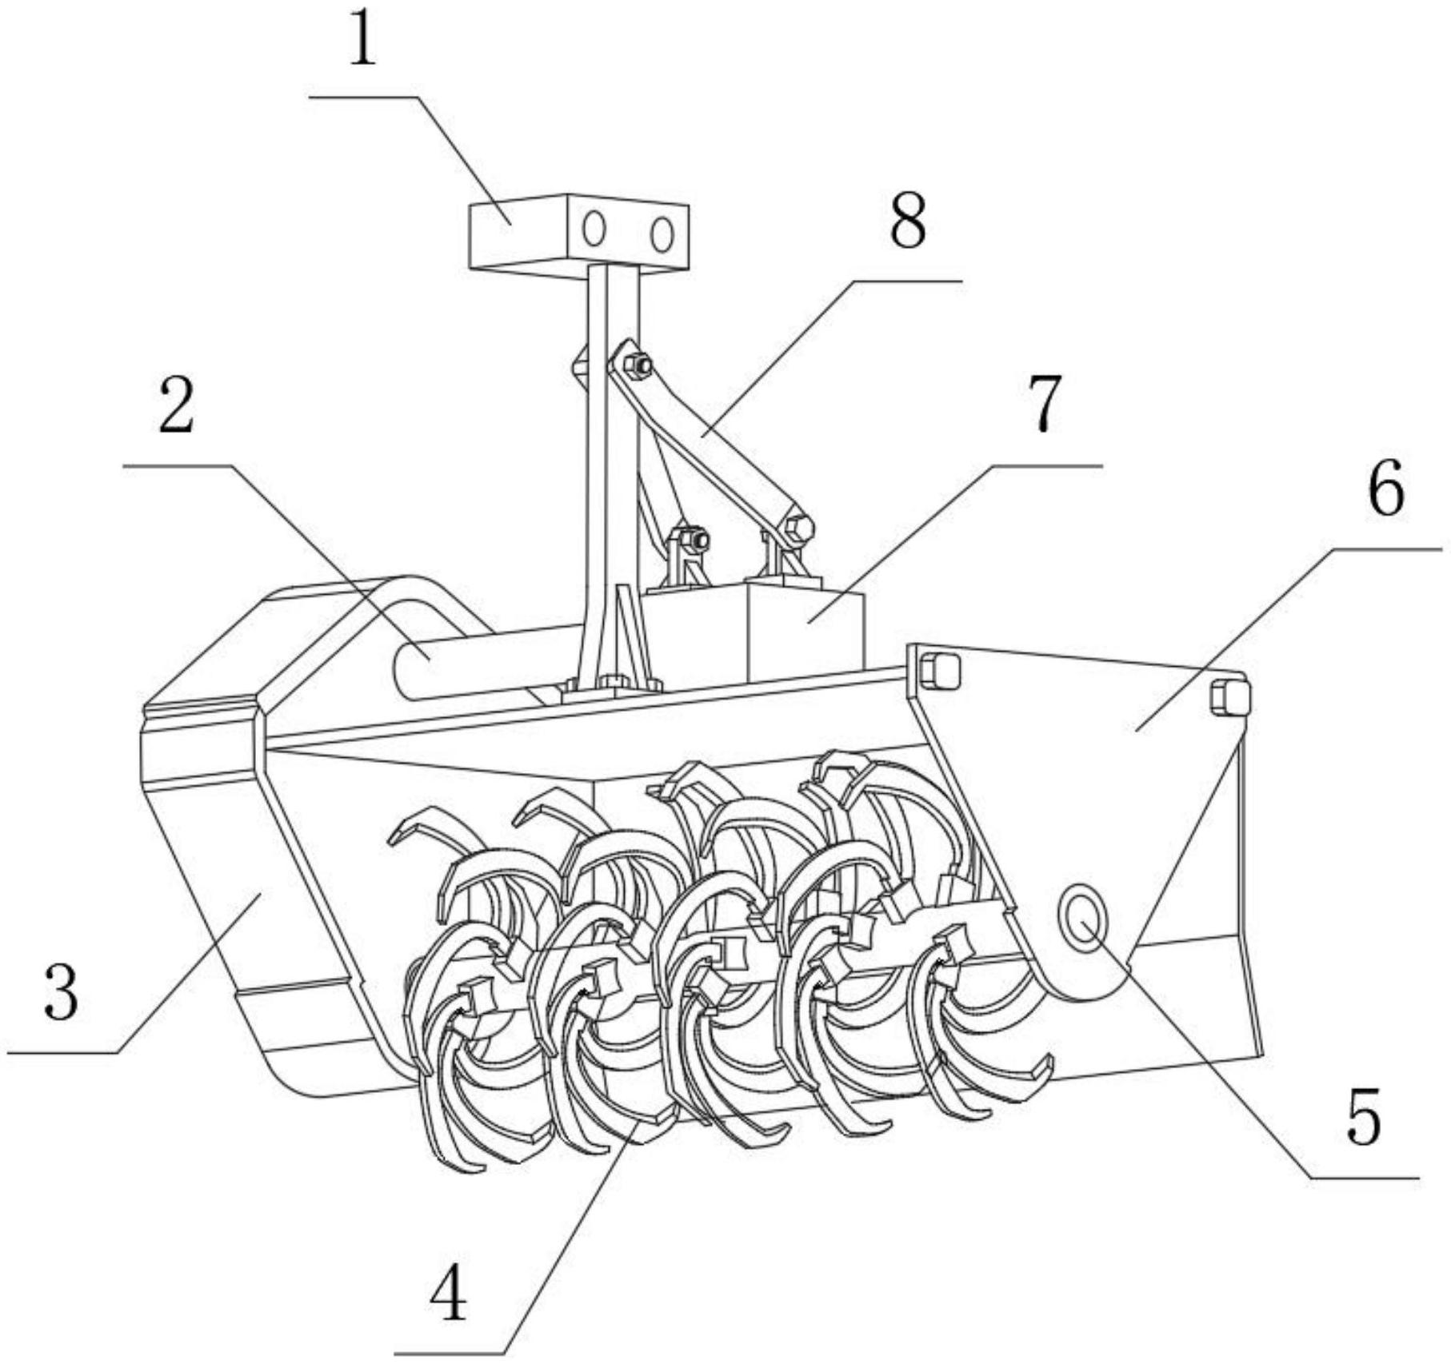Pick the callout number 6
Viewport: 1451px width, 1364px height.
tap(1386, 489)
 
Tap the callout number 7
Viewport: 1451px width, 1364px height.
tap(1042, 404)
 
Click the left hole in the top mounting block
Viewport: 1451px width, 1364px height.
tap(594, 230)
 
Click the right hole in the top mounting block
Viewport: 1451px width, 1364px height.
tap(661, 234)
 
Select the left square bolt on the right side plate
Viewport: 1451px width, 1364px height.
tap(939, 670)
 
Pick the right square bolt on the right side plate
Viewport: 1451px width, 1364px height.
tap(1229, 696)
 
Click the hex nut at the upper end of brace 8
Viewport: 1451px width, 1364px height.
tap(638, 365)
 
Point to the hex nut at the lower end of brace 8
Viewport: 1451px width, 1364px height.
tap(799, 528)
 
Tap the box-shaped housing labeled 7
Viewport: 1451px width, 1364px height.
tap(753, 634)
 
